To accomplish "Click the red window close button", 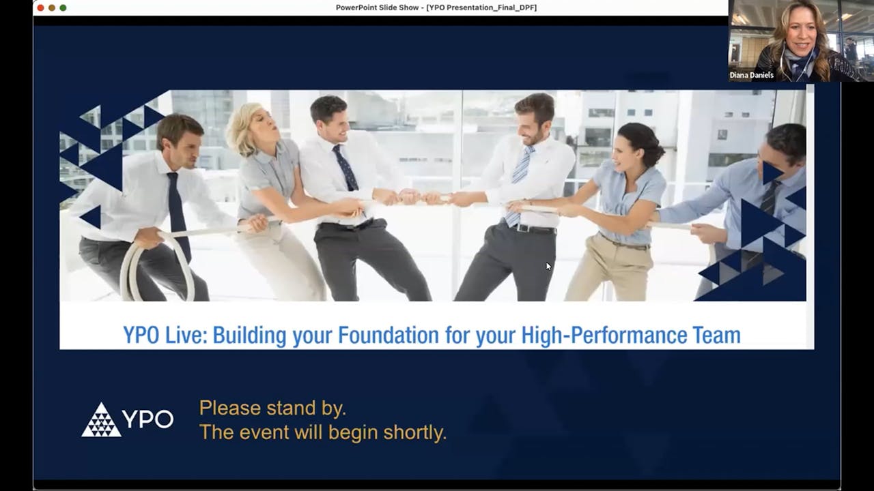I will tap(40, 8).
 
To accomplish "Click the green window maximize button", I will tap(63, 8).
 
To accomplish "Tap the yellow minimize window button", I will tap(51, 8).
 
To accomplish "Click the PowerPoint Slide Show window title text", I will tap(436, 8).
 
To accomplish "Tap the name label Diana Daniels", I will tap(751, 75).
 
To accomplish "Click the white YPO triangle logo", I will tap(101, 420).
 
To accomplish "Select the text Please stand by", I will tap(272, 408).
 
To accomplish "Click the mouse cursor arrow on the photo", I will tap(548, 266).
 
